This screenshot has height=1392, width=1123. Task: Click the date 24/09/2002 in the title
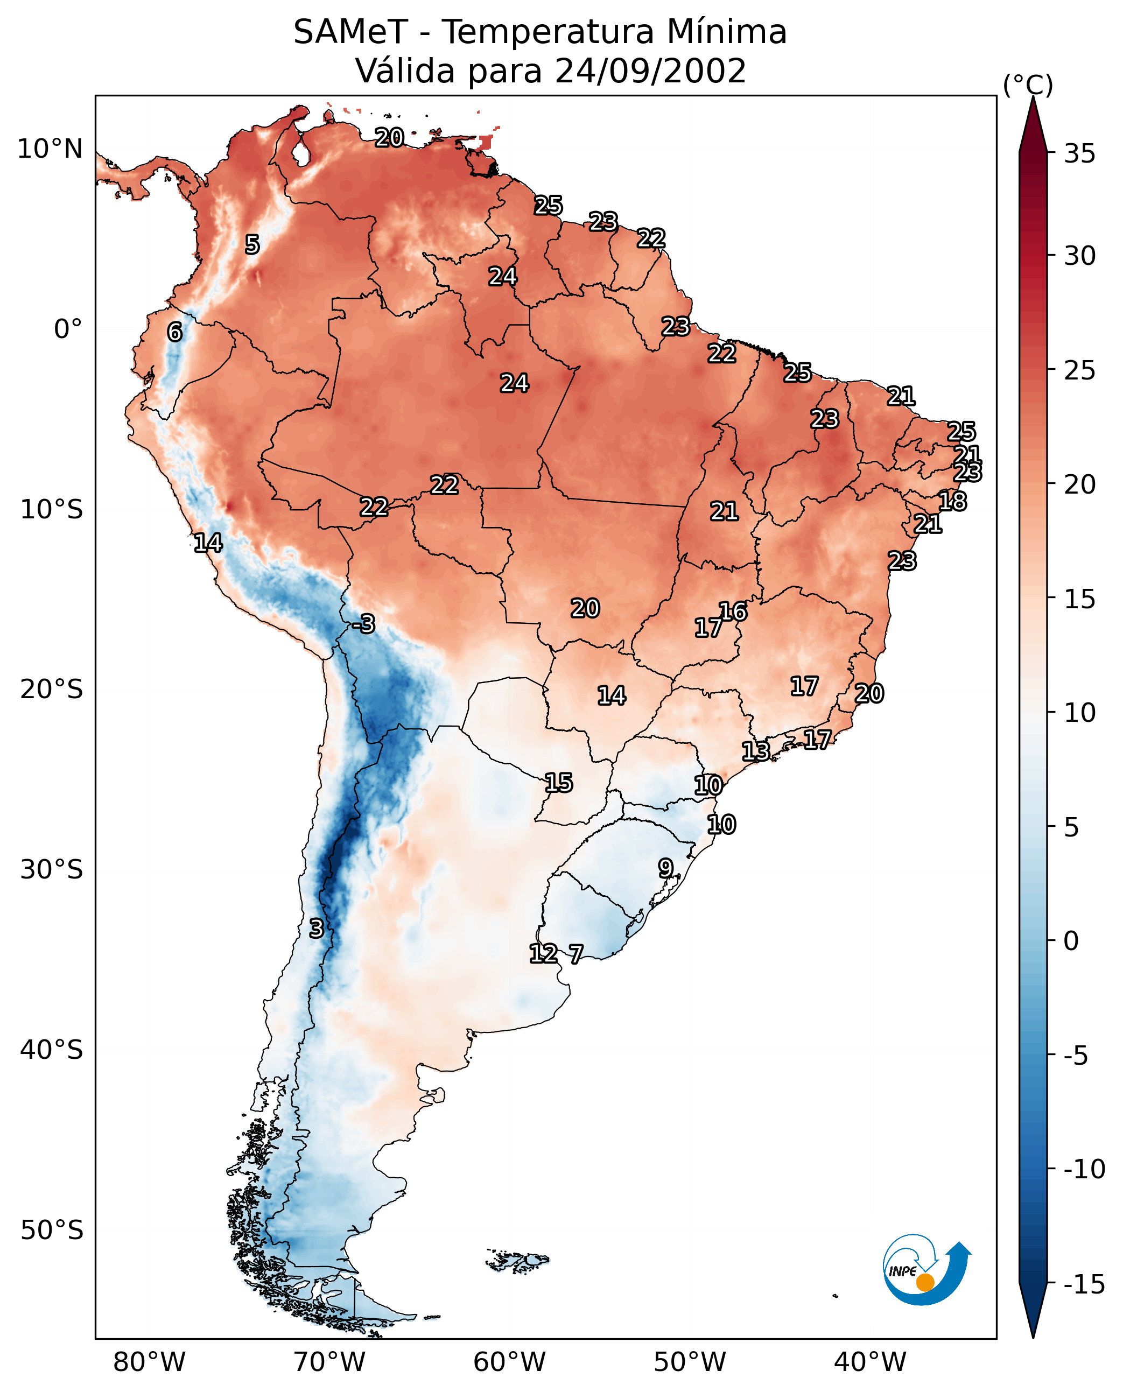pyautogui.click(x=650, y=71)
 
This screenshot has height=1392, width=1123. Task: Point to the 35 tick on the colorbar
pyautogui.click(x=1079, y=153)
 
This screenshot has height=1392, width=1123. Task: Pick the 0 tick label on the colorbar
pyautogui.click(x=1071, y=940)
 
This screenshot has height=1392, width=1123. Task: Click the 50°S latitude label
pyautogui.click(x=52, y=1229)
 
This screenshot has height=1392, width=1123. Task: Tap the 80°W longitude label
pyautogui.click(x=150, y=1362)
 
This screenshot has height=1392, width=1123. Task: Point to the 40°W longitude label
pyautogui.click(x=870, y=1362)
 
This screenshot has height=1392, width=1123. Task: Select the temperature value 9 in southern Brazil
pyautogui.click(x=665, y=867)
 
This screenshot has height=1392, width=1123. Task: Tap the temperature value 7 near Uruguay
pyautogui.click(x=575, y=953)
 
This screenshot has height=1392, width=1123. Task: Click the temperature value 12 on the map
pyautogui.click(x=543, y=953)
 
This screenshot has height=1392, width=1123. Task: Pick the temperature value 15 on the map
pyautogui.click(x=558, y=783)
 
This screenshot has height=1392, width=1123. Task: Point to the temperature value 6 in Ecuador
pyautogui.click(x=174, y=332)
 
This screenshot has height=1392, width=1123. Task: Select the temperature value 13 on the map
pyautogui.click(x=755, y=751)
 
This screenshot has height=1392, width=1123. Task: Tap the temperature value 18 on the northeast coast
pyautogui.click(x=952, y=501)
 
